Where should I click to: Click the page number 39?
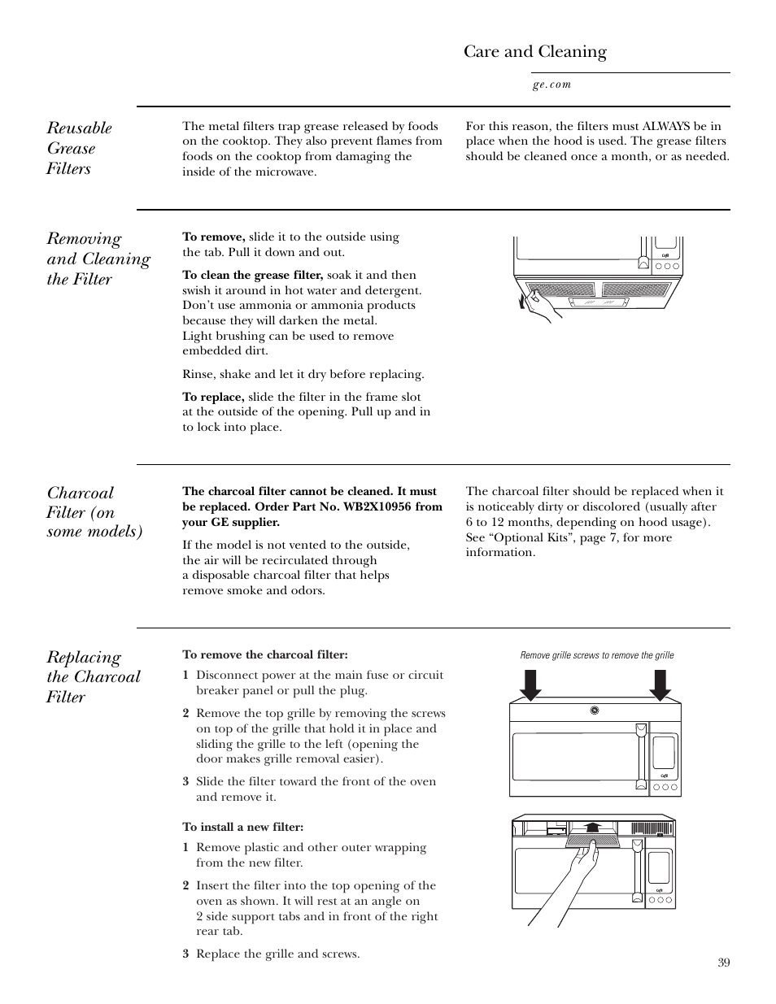pyautogui.click(x=724, y=963)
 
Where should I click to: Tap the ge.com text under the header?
pyautogui.click(x=551, y=85)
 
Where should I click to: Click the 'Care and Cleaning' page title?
pyautogui.click(x=534, y=52)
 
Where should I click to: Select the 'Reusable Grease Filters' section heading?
pyautogui.click(x=79, y=148)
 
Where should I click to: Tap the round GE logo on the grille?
pyautogui.click(x=595, y=711)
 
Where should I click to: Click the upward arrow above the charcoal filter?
pyautogui.click(x=593, y=827)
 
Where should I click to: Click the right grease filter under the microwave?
pyautogui.click(x=635, y=289)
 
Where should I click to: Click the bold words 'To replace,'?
pyautogui.click(x=213, y=397)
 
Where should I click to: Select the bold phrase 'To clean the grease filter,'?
pyautogui.click(x=253, y=275)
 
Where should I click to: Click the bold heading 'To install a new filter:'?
pyautogui.click(x=242, y=827)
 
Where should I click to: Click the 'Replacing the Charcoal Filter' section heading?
pyautogui.click(x=93, y=676)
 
